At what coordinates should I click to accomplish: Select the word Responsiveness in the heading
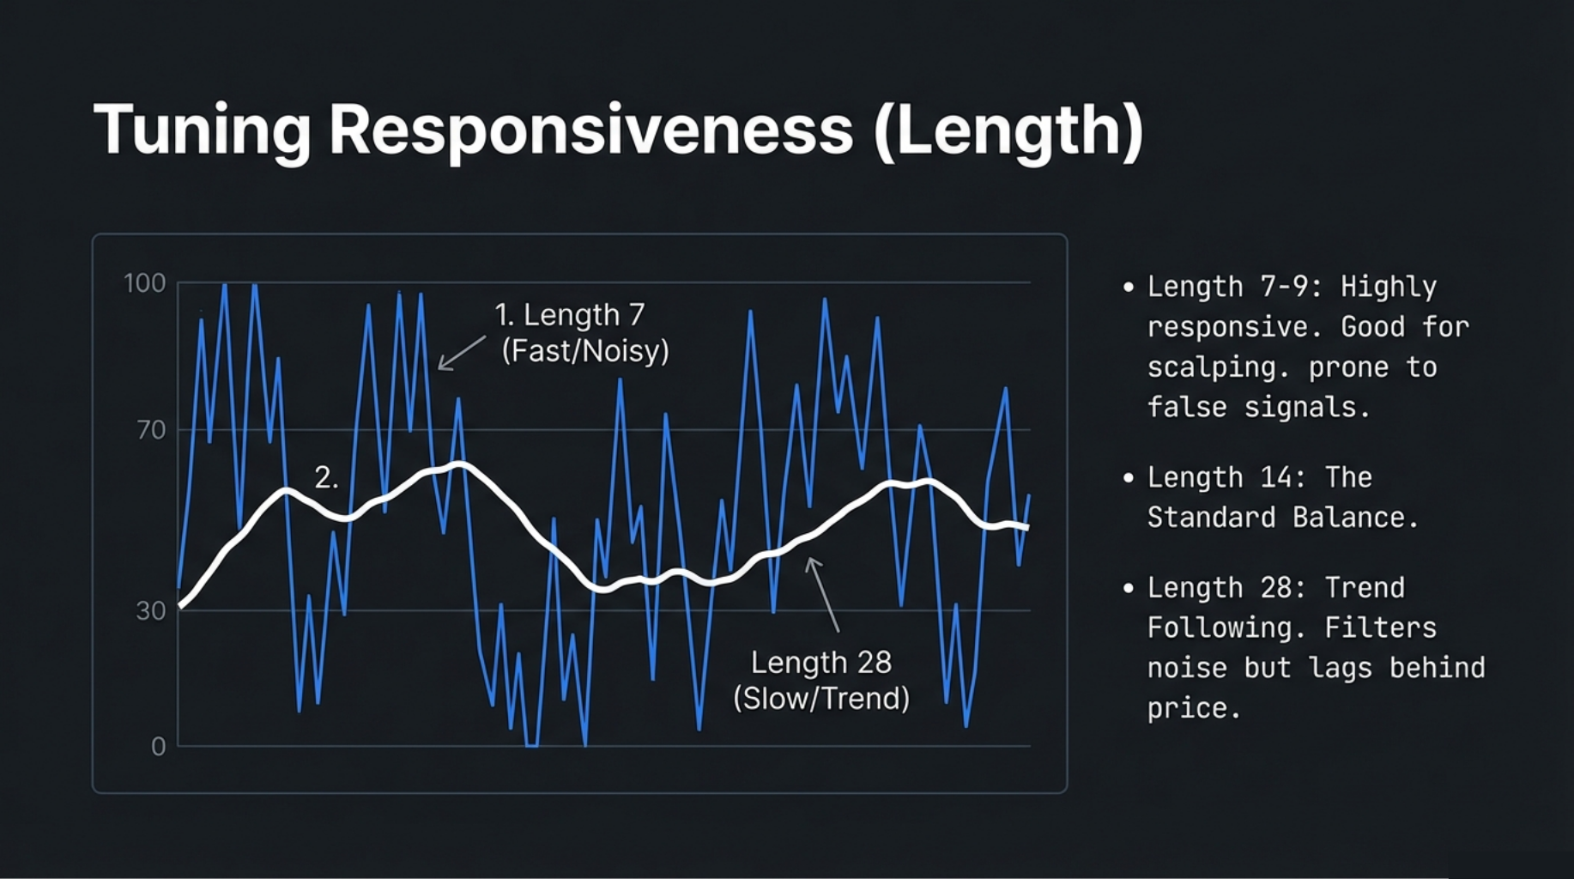coord(591,130)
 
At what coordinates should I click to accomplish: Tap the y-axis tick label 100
coord(144,283)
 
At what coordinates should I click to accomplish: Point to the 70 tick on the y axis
coord(151,430)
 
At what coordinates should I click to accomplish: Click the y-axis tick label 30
coord(151,611)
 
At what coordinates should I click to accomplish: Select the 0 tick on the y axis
coord(158,747)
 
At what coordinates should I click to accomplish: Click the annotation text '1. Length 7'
coord(569,315)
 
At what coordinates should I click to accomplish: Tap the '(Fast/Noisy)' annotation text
coord(584,351)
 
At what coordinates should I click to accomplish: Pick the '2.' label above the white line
coord(326,477)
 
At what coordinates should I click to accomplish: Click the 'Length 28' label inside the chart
coord(821,663)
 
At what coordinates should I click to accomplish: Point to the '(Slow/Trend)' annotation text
coord(821,699)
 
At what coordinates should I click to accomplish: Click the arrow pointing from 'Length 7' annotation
coord(462,353)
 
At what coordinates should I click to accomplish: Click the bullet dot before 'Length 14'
coord(1129,478)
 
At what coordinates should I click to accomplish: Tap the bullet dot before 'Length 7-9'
coord(1129,287)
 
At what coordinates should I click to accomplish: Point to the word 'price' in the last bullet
coord(1189,708)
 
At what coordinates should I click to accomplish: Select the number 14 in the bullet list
coord(1276,478)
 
